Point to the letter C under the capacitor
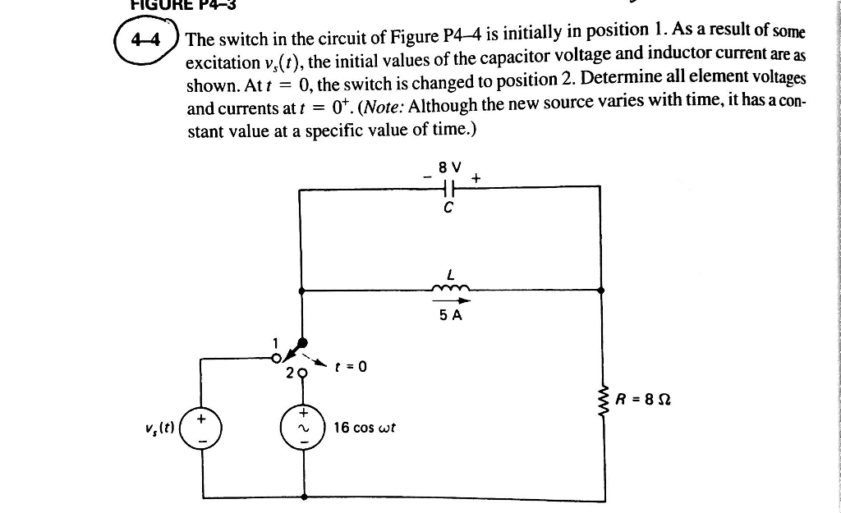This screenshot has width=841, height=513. (x=448, y=208)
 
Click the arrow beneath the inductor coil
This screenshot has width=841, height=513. (x=449, y=300)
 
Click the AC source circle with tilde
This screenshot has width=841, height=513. (x=303, y=428)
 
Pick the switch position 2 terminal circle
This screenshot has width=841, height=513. (x=302, y=372)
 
